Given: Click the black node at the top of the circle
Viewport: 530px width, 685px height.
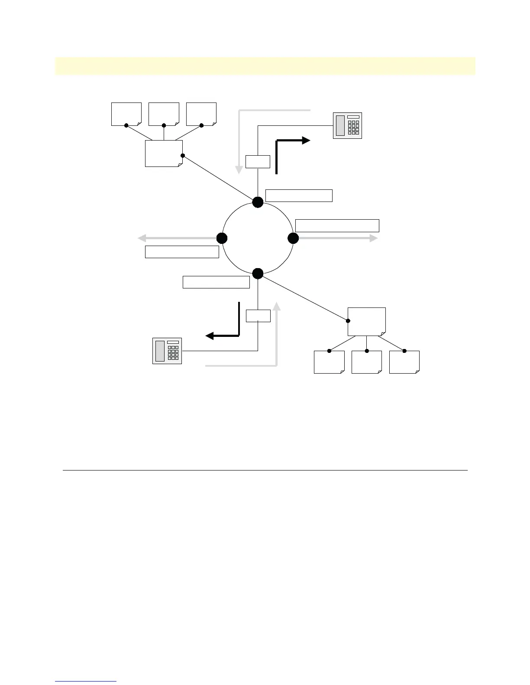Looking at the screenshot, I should (x=258, y=202).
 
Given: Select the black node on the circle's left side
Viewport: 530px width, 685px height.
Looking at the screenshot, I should (x=222, y=238).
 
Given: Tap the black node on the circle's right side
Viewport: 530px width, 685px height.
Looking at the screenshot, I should (x=293, y=238).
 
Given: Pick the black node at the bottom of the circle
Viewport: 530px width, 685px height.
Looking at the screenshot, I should (x=258, y=273).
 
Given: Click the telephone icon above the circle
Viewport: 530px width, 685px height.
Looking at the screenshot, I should (x=347, y=125).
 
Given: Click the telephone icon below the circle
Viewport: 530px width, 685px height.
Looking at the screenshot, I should (x=167, y=351).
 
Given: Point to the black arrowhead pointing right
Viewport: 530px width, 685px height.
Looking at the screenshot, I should (x=306, y=140).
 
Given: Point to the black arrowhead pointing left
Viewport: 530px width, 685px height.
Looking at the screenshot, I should (x=210, y=336).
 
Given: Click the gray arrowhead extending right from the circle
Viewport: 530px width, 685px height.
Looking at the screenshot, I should (x=374, y=238).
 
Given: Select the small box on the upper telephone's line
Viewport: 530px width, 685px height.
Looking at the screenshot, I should (x=258, y=162).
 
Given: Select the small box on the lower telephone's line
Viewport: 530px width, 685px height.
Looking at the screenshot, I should (x=258, y=316).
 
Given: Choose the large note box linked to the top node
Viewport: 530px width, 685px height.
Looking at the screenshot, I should (x=164, y=153).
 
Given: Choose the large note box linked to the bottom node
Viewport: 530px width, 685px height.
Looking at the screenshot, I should (x=366, y=321).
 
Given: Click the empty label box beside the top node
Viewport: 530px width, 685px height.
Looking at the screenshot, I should (x=299, y=195).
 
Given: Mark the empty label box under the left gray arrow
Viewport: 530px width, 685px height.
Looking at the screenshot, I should (x=182, y=252).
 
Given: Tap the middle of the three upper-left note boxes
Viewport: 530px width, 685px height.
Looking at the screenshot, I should (x=164, y=114).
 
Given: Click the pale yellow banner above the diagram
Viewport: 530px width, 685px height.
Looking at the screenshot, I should (x=265, y=66).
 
